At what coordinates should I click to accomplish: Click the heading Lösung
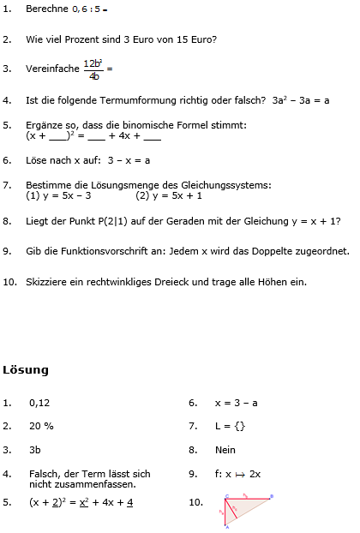[26, 370]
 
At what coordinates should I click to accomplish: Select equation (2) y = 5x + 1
[169, 195]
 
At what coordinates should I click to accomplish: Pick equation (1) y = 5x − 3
[59, 195]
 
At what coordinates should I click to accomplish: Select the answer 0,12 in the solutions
[39, 402]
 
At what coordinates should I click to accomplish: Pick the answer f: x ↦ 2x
[237, 473]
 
